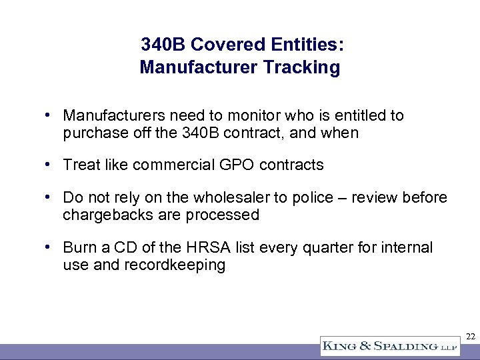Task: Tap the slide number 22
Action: [x=470, y=337]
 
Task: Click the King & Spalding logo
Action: [x=389, y=346]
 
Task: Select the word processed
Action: [x=225, y=215]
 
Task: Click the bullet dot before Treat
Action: [x=49, y=163]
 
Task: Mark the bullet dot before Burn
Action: [x=49, y=247]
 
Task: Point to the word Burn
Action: [x=77, y=248]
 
